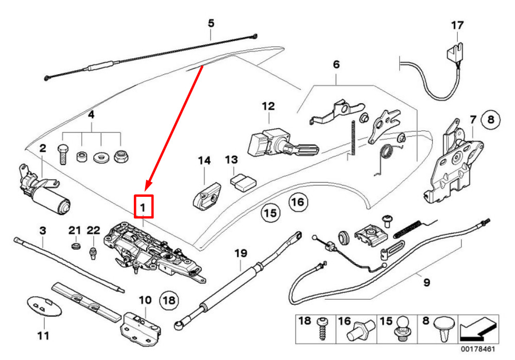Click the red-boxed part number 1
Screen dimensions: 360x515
click(x=144, y=208)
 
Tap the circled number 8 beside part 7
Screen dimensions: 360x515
click(x=490, y=121)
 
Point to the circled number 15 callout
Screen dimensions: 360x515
click(x=270, y=213)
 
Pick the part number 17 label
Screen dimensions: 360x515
click(x=457, y=25)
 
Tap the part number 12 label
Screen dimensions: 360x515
click(x=268, y=107)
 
